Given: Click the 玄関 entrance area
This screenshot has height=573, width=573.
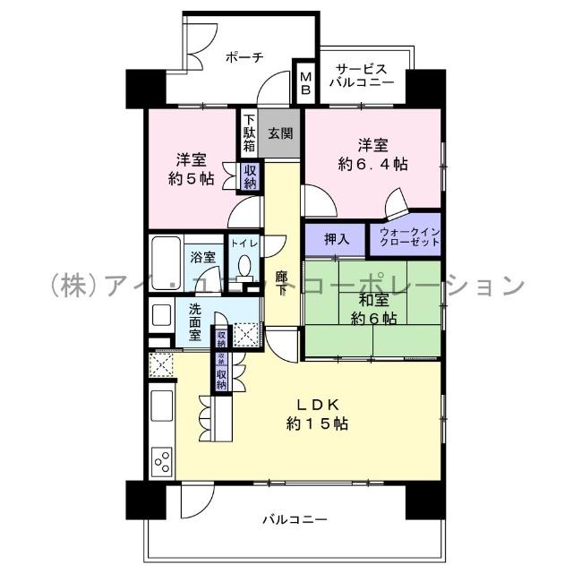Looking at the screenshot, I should click(x=280, y=134).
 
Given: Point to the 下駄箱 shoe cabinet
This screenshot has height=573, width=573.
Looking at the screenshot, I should click(x=248, y=133).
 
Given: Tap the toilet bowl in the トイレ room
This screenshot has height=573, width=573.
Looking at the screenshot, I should click(x=244, y=267).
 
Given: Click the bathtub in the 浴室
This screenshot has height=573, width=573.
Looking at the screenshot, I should click(x=167, y=255).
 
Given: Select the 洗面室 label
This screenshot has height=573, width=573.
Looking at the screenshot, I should click(x=194, y=322).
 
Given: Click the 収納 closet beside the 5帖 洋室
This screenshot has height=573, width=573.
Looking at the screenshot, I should click(x=250, y=176).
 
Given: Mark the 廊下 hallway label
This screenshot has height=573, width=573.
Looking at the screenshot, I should click(x=280, y=286).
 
